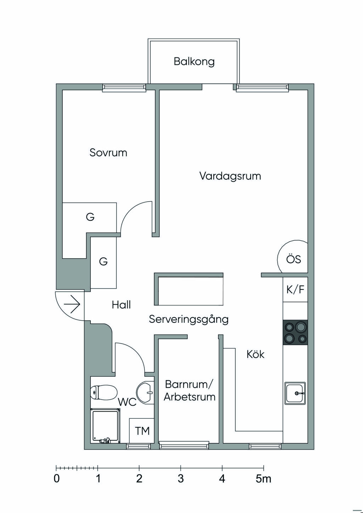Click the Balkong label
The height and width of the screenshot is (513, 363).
[x=194, y=62]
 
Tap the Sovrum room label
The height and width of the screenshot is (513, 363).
[x=108, y=153]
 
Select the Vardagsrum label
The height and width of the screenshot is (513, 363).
[x=230, y=176]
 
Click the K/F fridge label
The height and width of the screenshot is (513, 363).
[x=295, y=289]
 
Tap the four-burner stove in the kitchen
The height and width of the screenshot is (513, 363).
[x=295, y=332]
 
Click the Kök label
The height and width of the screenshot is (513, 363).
[x=256, y=354]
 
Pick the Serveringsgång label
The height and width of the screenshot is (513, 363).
[x=189, y=319]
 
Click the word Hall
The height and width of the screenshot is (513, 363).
[x=121, y=305]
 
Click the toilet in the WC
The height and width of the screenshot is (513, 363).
[x=104, y=392]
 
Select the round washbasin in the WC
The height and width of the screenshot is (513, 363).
[x=145, y=392]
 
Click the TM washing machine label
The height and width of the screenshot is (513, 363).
[x=142, y=431]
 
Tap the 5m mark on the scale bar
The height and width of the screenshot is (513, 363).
[x=263, y=479]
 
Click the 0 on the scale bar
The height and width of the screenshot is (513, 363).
[x=57, y=479]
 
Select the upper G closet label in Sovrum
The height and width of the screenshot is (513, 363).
[x=90, y=217]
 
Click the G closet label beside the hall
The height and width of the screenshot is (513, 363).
[x=103, y=262]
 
